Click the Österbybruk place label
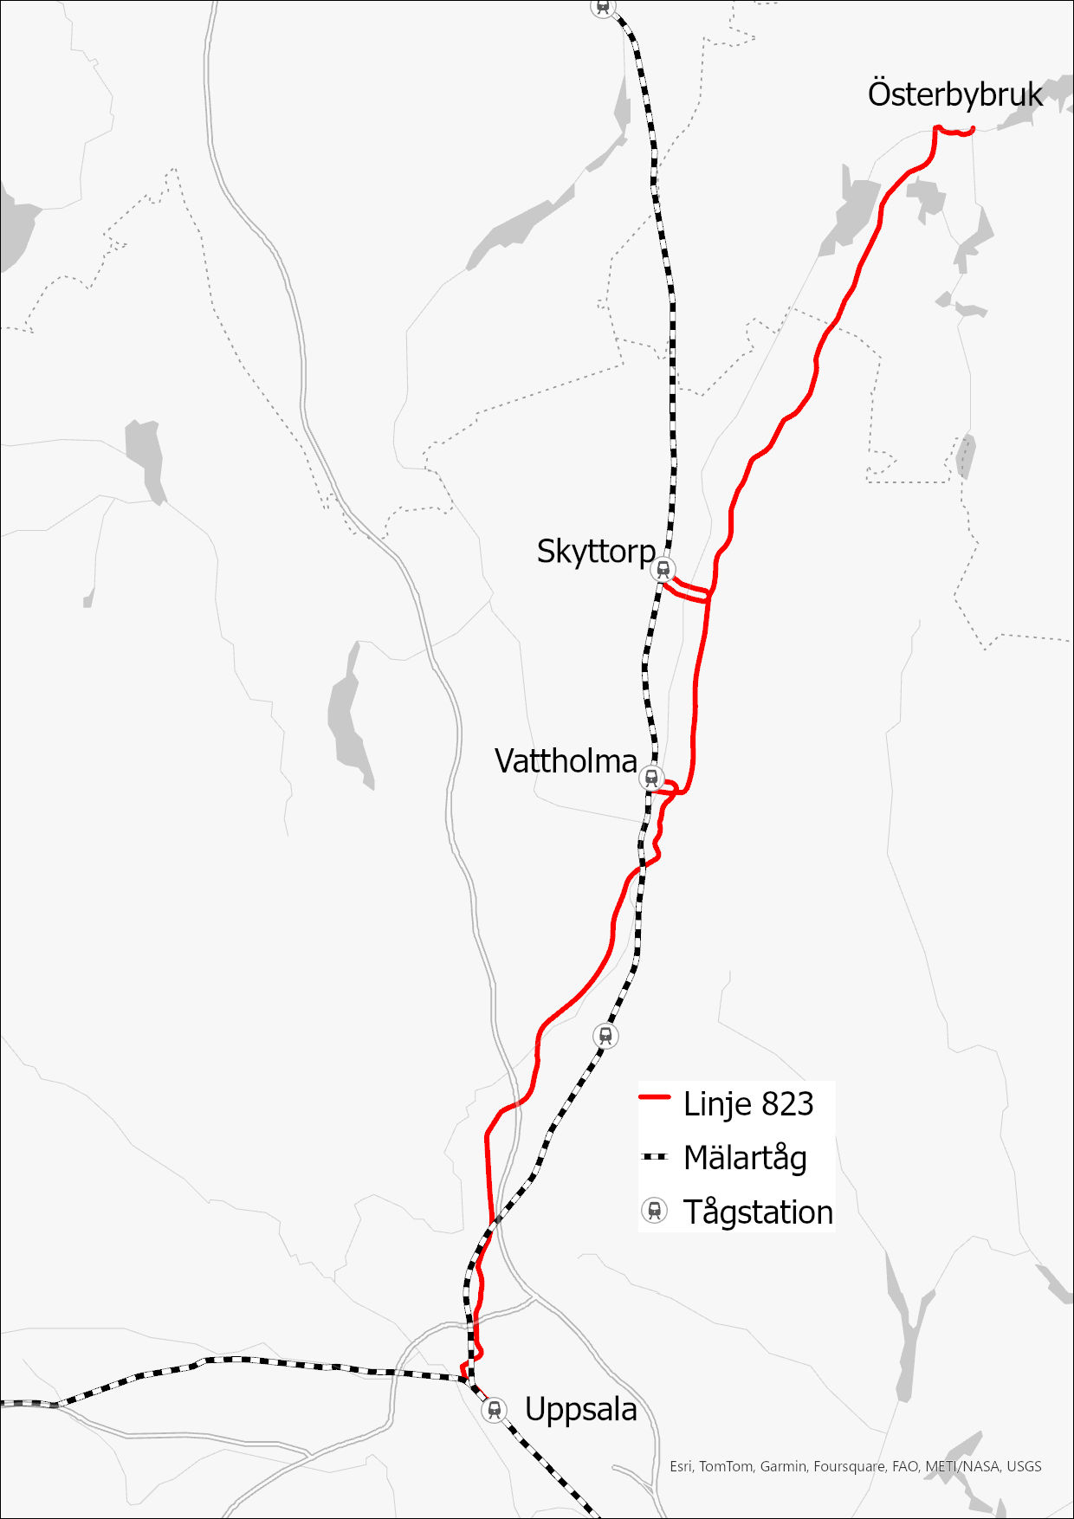(954, 94)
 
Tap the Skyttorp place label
(596, 552)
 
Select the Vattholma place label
(566, 761)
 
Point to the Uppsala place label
(580, 1410)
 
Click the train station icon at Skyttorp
(663, 569)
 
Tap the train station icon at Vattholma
(651, 778)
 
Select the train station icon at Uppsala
(494, 1410)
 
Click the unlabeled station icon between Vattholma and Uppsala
(606, 1035)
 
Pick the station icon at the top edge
(604, 6)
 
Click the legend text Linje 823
(747, 1104)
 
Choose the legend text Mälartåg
(745, 1158)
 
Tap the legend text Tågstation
(758, 1212)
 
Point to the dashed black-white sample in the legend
(655, 1156)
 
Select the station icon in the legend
(655, 1211)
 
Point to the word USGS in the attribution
(1024, 1466)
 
